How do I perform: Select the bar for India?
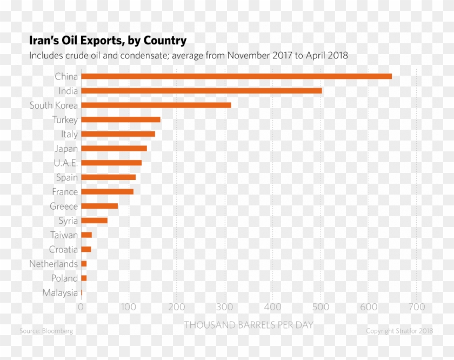click(202, 91)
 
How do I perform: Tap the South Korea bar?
click(156, 105)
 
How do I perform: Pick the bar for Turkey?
click(121, 119)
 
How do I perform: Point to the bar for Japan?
click(114, 148)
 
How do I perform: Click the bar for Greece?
click(99, 206)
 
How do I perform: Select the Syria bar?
click(94, 220)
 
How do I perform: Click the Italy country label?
click(69, 134)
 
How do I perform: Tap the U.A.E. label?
click(65, 163)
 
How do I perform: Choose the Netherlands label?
click(54, 264)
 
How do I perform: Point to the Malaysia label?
click(60, 293)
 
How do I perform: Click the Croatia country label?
click(63, 249)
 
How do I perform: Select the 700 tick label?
click(416, 308)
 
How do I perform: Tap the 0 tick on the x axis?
click(81, 308)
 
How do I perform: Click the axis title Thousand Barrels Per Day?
click(249, 325)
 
